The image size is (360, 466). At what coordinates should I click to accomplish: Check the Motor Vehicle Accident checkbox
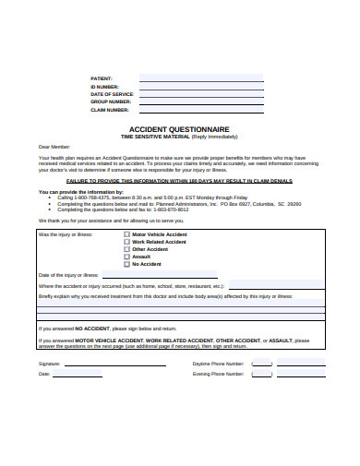coord(126,234)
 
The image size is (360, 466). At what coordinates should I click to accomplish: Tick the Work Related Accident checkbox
coord(126,242)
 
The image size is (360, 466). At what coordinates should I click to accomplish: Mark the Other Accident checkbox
coord(126,249)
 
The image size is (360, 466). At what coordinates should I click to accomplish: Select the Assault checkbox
coord(126,257)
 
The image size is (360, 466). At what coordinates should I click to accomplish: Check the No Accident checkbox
coord(126,264)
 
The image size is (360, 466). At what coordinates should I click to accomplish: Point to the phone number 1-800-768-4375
coord(92,197)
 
